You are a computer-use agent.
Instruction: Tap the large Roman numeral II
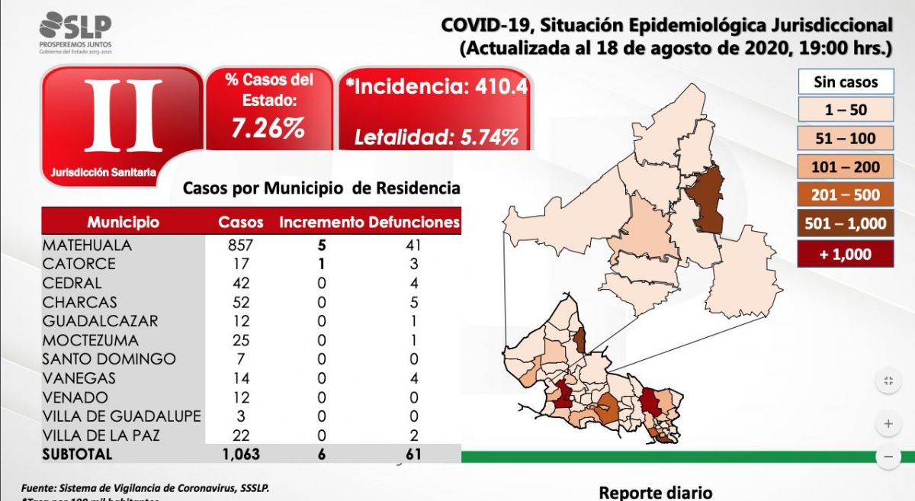pyautogui.click(x=123, y=117)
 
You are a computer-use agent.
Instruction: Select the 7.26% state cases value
pyautogui.click(x=268, y=129)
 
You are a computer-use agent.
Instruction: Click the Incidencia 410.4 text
pyautogui.click(x=436, y=86)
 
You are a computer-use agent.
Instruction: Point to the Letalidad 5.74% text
pyautogui.click(x=437, y=137)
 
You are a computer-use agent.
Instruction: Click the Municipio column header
pyautogui.click(x=123, y=223)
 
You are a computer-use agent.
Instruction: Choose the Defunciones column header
pyautogui.click(x=414, y=223)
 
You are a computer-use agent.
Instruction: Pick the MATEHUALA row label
pyautogui.click(x=87, y=246)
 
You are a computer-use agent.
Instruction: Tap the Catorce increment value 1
pyautogui.click(x=321, y=264)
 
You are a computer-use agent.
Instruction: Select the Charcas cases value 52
pyautogui.click(x=240, y=302)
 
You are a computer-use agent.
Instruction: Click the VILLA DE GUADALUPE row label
pyautogui.click(x=122, y=416)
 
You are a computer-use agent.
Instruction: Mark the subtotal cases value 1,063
pyautogui.click(x=240, y=454)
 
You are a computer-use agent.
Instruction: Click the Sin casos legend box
pyautogui.click(x=845, y=82)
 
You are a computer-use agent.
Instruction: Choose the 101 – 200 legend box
pyautogui.click(x=845, y=167)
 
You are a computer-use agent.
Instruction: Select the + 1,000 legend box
pyautogui.click(x=845, y=254)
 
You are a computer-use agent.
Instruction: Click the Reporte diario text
pyautogui.click(x=656, y=492)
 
